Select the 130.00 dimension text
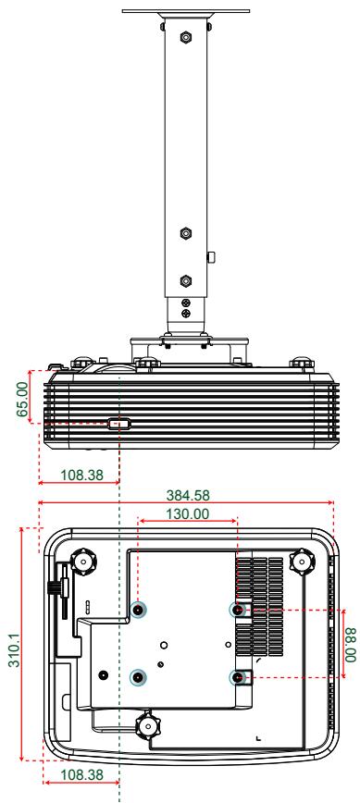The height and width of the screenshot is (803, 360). [x=186, y=512]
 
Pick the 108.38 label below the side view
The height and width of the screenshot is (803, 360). [x=80, y=473]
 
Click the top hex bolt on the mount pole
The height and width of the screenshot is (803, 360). [x=186, y=40]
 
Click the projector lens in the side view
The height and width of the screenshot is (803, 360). [x=119, y=425]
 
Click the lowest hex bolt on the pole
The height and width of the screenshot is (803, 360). [x=186, y=278]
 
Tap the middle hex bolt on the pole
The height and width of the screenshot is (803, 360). [x=186, y=233]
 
